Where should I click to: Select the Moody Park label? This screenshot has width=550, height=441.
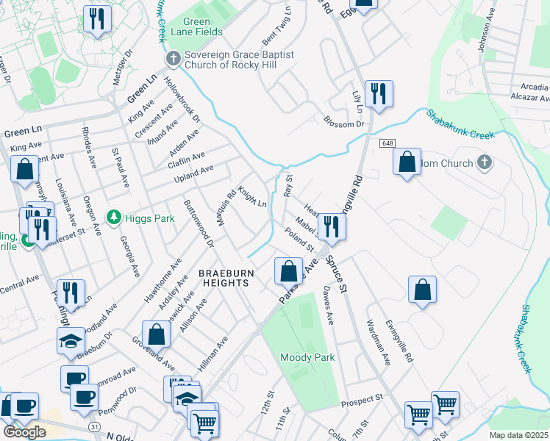[307, 357]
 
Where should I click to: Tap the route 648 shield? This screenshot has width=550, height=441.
[387, 143]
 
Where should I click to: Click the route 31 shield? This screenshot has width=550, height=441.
[93, 426]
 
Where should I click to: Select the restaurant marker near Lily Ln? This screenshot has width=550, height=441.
[379, 94]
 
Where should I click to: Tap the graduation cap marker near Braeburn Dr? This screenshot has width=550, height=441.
[71, 340]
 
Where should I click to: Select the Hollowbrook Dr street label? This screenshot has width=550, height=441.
[182, 98]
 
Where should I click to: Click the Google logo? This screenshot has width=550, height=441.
[24, 432]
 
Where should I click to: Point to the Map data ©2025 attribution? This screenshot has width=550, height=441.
[518, 435]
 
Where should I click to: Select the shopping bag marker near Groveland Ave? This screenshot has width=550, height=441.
[157, 334]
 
